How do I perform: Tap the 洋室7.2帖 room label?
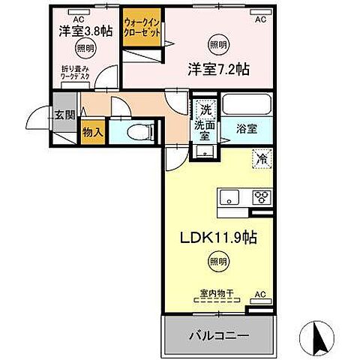(218, 68)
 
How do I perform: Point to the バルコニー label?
(218, 334)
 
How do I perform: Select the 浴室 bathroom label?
(248, 128)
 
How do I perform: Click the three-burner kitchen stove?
(262, 198)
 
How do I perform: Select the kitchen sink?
(228, 198)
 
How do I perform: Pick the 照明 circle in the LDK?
(218, 262)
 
